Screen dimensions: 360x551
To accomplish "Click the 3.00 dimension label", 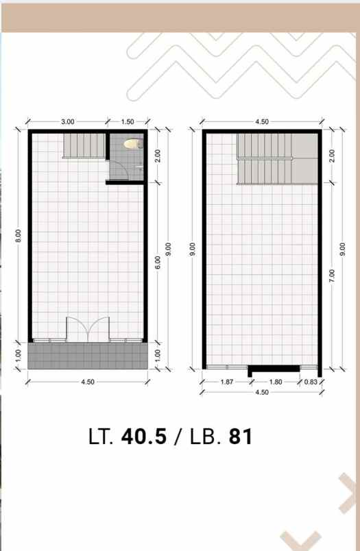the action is [x=67, y=121].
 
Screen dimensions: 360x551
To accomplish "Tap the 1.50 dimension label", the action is [x=128, y=121].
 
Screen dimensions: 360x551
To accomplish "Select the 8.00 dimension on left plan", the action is [x=19, y=236].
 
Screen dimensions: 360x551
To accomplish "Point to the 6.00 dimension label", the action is [x=158, y=262].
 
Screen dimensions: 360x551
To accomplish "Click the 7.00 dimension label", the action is [x=332, y=276].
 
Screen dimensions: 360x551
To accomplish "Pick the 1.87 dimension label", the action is [x=227, y=382].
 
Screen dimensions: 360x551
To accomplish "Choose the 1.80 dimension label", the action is [x=275, y=382].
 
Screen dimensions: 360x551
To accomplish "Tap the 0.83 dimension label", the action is [x=311, y=382].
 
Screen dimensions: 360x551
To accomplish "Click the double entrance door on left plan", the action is [x=88, y=329].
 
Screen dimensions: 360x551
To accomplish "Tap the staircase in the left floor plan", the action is [x=84, y=146].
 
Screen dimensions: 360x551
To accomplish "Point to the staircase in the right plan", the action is [x=278, y=158].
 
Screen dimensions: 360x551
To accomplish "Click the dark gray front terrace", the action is [x=88, y=356].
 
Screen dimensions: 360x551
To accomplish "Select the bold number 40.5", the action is [x=144, y=437].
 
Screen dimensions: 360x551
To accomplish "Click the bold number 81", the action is [x=241, y=437].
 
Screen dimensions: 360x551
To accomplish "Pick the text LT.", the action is [x=101, y=437].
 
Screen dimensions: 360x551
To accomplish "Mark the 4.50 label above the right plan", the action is [x=262, y=121].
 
